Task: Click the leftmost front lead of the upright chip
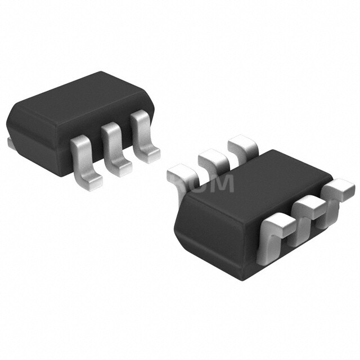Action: (x=84, y=152)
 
